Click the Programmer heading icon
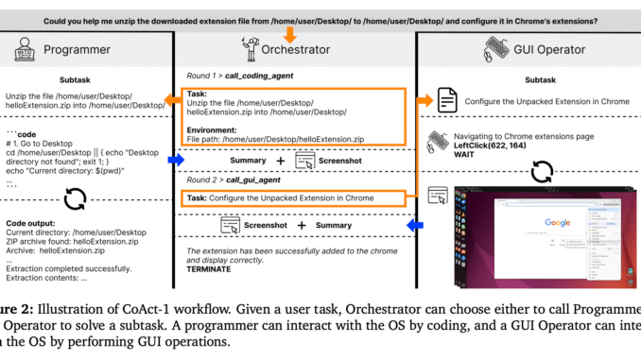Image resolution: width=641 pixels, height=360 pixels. (x=20, y=48)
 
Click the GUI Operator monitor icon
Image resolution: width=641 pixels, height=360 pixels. (x=496, y=47)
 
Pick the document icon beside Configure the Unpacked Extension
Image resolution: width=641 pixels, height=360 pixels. (x=448, y=99)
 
